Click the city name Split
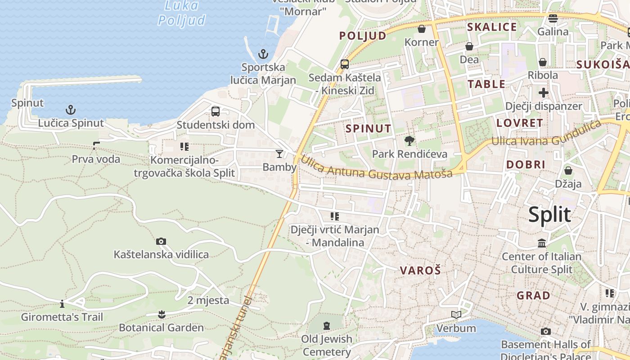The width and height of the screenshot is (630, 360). coord(549,215)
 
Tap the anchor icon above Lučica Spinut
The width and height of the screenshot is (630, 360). coord(70,109)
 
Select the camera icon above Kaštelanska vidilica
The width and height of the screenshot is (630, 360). coord(161,241)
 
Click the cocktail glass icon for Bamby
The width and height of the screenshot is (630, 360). coord(279,154)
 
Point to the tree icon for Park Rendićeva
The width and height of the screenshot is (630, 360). coord(409,141)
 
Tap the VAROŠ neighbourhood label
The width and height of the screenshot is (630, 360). coord(420,270)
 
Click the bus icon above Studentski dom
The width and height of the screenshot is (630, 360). coord(216,111)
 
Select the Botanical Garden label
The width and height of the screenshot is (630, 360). coord(161,328)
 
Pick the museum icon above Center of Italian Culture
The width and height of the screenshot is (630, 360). coord(542,243)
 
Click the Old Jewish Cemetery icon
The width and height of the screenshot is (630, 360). coord(327,325)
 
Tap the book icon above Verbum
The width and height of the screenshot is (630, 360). coord(456,315)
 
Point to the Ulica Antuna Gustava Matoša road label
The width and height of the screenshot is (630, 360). coord(376,167)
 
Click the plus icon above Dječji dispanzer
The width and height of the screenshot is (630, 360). coord(544,93)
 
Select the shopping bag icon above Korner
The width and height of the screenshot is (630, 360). coord(422,29)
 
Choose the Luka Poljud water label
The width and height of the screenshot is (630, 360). coord(182,13)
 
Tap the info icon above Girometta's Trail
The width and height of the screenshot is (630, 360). coord(62,303)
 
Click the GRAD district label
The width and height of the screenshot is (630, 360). coord(533,296)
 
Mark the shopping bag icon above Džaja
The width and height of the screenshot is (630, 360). coord(568,170)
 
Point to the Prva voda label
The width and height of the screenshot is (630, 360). coord(96,159)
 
